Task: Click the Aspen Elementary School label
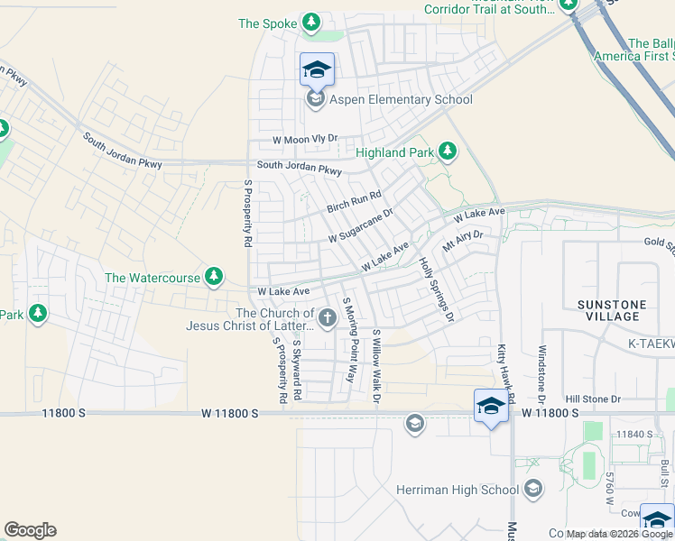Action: click(x=401, y=99)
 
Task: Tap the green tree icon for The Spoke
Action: click(x=311, y=23)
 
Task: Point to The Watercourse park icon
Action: click(x=214, y=277)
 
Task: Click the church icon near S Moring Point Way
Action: click(x=327, y=317)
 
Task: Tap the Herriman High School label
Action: click(x=458, y=490)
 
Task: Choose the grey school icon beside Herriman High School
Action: click(x=533, y=490)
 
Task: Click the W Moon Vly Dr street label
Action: click(x=305, y=140)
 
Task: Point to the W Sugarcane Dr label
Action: click(x=361, y=226)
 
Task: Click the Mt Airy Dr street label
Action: click(x=463, y=241)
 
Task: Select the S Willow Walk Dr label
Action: click(x=376, y=364)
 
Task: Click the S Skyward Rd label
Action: click(x=296, y=369)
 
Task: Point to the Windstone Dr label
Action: click(x=542, y=372)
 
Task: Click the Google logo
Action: click(x=30, y=530)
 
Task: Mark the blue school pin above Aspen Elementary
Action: click(x=317, y=69)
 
